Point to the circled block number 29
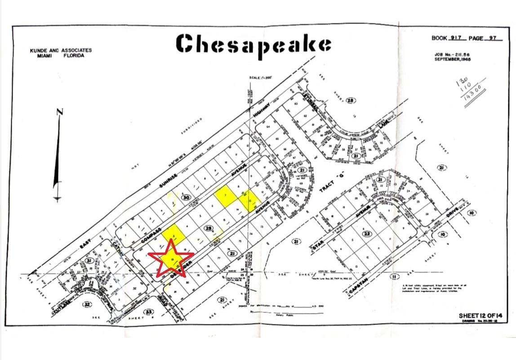208,229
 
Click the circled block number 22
367,233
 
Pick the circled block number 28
351,101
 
